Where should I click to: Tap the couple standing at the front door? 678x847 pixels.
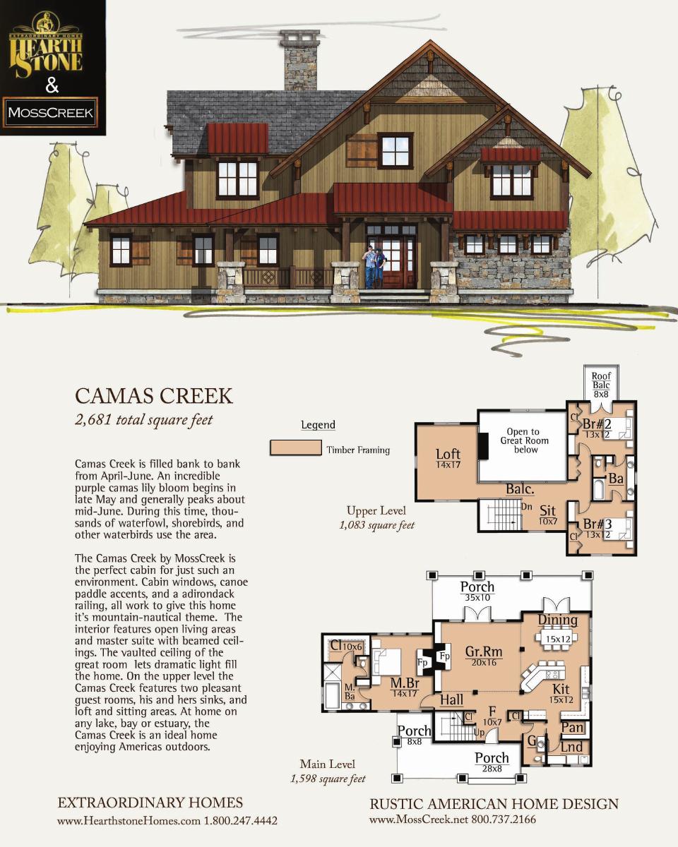click(x=375, y=267)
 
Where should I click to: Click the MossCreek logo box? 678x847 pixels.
click(x=50, y=112)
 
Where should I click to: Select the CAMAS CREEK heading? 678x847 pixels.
click(x=154, y=396)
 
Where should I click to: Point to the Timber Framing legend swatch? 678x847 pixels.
click(x=295, y=448)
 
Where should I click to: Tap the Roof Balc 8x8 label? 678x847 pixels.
click(x=601, y=385)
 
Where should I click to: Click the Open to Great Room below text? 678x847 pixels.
click(x=524, y=440)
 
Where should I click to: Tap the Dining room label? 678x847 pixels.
click(x=558, y=620)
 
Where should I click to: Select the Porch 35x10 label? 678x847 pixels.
click(x=477, y=591)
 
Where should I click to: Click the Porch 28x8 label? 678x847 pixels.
click(x=492, y=762)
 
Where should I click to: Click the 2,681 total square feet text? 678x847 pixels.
click(x=144, y=420)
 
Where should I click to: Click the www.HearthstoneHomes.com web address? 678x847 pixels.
click(x=129, y=821)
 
